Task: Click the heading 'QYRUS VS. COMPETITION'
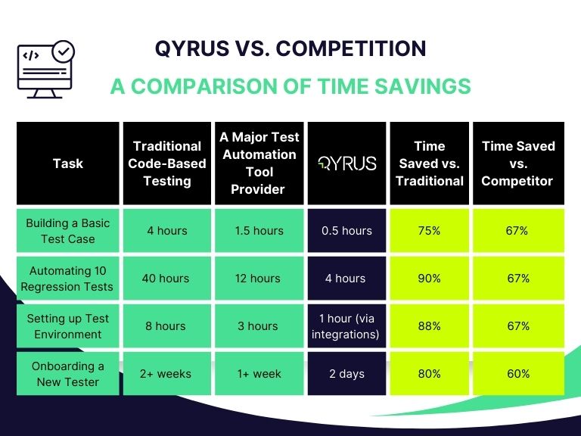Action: pyautogui.click(x=290, y=49)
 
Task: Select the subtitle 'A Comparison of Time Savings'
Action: pyautogui.click(x=290, y=86)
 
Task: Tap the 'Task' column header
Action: pyautogui.click(x=68, y=163)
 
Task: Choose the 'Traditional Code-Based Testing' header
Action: pyautogui.click(x=167, y=163)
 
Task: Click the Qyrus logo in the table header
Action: pyautogui.click(x=347, y=163)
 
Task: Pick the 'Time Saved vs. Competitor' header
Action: pyautogui.click(x=518, y=163)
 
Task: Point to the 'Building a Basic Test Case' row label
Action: pyautogui.click(x=68, y=231)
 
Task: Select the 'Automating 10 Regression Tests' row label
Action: pyautogui.click(x=68, y=279)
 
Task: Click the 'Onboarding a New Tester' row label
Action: pyautogui.click(x=68, y=374)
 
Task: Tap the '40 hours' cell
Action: pyautogui.click(x=167, y=279)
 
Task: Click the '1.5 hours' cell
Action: pyautogui.click(x=259, y=231)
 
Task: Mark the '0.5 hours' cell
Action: pyautogui.click(x=347, y=231)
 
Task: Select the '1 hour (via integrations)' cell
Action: pyautogui.click(x=347, y=326)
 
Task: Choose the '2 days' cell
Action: pyautogui.click(x=347, y=374)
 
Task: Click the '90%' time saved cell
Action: pyautogui.click(x=429, y=279)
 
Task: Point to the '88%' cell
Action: pyautogui.click(x=429, y=326)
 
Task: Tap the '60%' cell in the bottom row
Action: pyautogui.click(x=518, y=374)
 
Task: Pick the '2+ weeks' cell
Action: pyautogui.click(x=167, y=374)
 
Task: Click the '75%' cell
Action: pyautogui.click(x=429, y=231)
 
